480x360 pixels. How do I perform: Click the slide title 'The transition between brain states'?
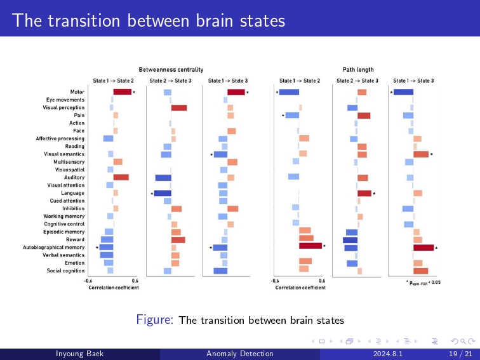(x=149, y=21)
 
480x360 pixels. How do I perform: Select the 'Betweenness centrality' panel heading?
(x=171, y=69)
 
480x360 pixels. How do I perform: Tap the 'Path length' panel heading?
(x=358, y=69)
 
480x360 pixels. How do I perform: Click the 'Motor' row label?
(x=77, y=92)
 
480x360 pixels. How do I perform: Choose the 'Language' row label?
(x=72, y=193)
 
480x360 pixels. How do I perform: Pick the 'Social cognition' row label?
(x=65, y=270)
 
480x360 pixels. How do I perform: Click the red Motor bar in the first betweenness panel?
(x=123, y=92)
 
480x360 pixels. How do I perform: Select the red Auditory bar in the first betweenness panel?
(x=121, y=177)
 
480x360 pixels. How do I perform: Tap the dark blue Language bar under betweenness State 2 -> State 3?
(x=163, y=193)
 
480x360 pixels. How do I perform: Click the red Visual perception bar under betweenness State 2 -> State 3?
(x=179, y=108)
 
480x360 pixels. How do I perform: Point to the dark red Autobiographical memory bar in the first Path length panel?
(x=310, y=246)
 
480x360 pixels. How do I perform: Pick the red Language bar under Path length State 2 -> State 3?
(x=364, y=193)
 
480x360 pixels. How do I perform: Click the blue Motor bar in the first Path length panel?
(x=289, y=92)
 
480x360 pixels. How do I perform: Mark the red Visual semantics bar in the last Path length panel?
(x=421, y=154)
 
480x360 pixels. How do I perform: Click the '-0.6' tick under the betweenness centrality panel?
(x=88, y=281)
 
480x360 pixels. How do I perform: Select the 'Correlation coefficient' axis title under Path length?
(x=300, y=288)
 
